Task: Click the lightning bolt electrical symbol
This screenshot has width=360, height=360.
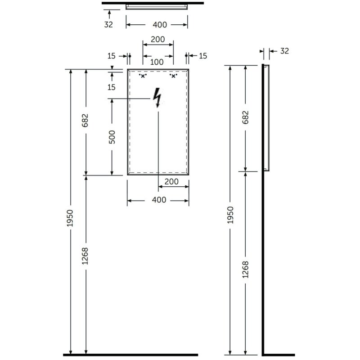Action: point(157,98)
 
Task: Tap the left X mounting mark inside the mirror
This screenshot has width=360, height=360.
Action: point(143,76)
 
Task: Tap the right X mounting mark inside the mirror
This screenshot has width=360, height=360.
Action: point(173,76)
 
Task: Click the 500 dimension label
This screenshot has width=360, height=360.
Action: point(112,137)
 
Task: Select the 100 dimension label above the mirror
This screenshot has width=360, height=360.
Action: point(157,62)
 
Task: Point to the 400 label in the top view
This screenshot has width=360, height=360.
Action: point(160,25)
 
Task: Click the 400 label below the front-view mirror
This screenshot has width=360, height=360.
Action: point(159,200)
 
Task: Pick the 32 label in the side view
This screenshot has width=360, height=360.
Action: point(284,51)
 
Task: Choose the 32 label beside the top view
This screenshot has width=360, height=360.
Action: point(108,25)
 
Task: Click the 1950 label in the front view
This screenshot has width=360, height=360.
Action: point(70,218)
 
